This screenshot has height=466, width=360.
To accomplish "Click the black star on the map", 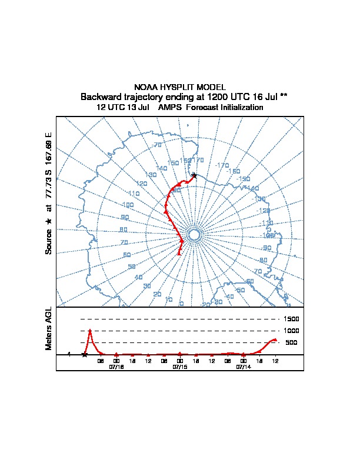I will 194,175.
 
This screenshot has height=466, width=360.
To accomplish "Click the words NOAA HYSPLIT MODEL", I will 180,86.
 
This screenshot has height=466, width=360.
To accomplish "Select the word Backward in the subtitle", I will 100,96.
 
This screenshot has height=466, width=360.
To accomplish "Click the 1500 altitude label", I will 292,319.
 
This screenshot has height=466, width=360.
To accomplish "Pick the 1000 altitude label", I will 292,331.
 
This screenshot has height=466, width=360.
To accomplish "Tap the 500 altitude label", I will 291,342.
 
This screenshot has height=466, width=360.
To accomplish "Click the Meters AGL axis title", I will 49,328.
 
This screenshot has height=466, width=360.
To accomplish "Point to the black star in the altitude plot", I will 84,354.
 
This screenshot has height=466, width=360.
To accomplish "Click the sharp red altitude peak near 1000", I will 90,331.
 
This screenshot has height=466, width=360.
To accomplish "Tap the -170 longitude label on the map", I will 222,165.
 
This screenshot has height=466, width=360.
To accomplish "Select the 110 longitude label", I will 134,194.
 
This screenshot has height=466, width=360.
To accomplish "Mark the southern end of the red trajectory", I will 179,254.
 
